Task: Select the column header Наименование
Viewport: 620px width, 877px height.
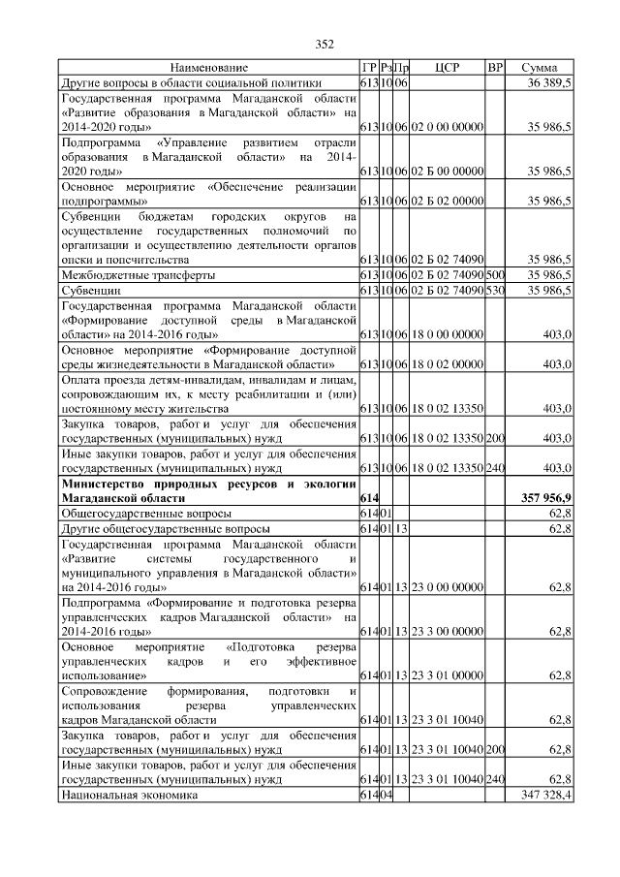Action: pyautogui.click(x=209, y=69)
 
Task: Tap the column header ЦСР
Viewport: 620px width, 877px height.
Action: pyautogui.click(x=447, y=69)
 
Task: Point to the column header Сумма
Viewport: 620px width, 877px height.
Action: pyautogui.click(x=539, y=69)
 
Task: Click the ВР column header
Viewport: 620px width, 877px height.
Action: pyautogui.click(x=495, y=69)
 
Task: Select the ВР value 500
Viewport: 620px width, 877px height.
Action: pyautogui.click(x=495, y=275)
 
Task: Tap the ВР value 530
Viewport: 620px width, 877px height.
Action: pyautogui.click(x=495, y=290)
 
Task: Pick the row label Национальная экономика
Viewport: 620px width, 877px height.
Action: pyautogui.click(x=129, y=795)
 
